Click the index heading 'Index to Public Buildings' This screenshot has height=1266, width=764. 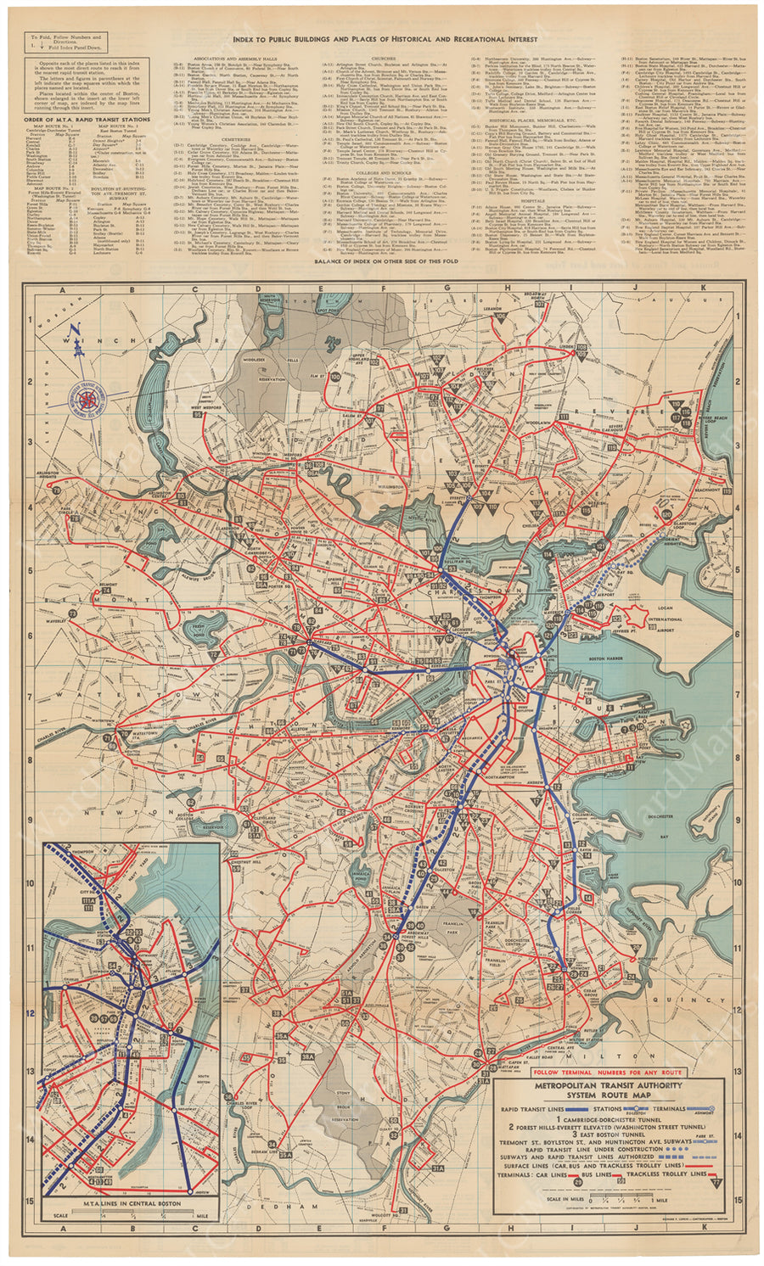pos(382,39)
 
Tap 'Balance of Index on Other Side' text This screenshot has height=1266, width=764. pos(386,260)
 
